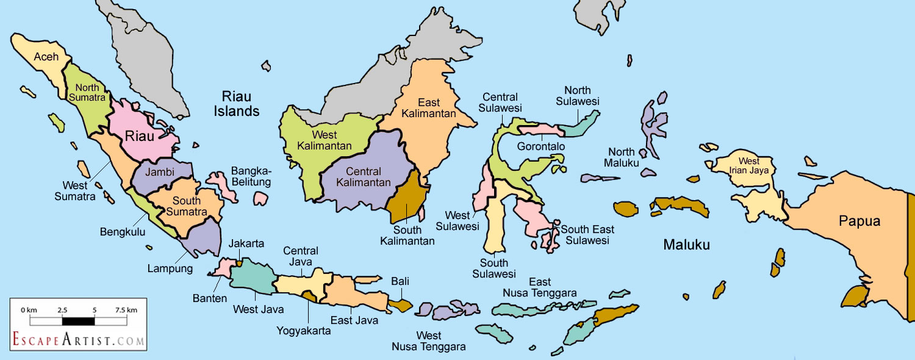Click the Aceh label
(46, 57)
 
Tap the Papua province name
(859, 221)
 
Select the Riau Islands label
(240, 104)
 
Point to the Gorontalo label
(540, 146)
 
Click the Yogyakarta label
(303, 331)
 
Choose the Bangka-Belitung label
(251, 176)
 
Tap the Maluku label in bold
(687, 245)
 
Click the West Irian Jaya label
(749, 166)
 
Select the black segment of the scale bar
(78, 320)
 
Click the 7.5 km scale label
(126, 310)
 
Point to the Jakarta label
(246, 244)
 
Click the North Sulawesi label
(581, 96)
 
